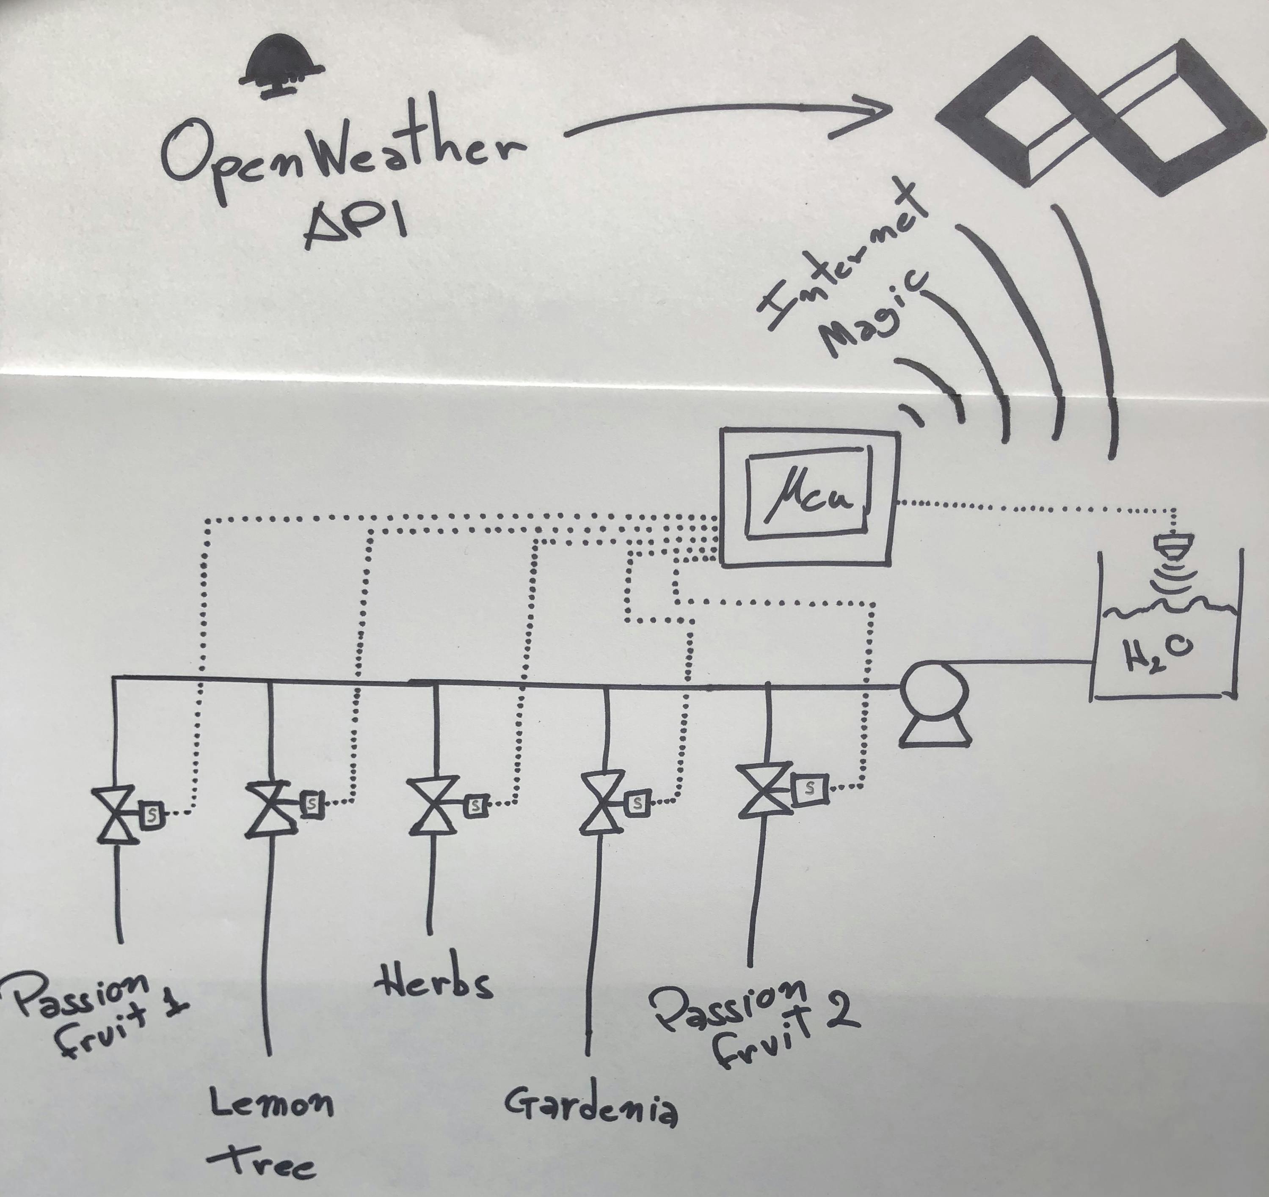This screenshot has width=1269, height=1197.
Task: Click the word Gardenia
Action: tap(590, 1107)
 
